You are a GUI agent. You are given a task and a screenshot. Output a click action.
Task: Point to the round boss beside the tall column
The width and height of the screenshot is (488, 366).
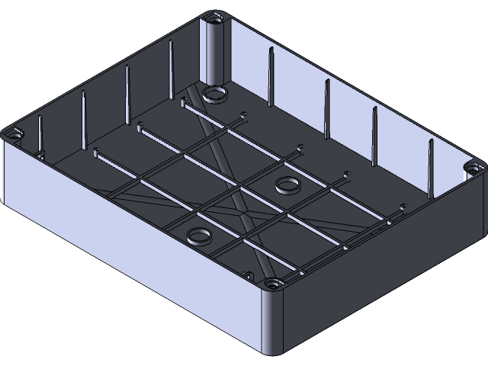214,93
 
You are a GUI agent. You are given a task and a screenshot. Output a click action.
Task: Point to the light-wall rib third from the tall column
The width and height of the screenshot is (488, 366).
374,136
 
